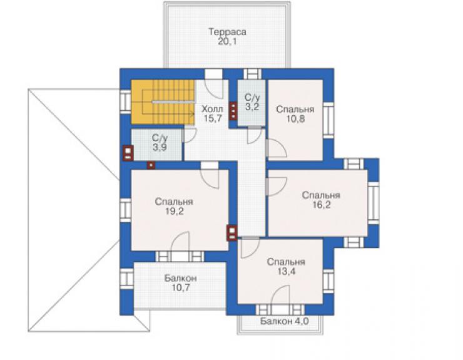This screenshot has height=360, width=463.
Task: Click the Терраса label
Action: click(x=227, y=32)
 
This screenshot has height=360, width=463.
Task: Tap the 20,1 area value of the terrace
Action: click(x=227, y=41)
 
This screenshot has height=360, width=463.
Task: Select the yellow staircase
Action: click(x=163, y=102)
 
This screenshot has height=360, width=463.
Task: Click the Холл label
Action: click(x=212, y=109)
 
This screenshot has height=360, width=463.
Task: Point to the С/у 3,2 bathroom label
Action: click(x=252, y=101)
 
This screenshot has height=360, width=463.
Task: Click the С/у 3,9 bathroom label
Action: click(x=160, y=143)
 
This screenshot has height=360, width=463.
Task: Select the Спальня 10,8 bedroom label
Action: click(x=295, y=114)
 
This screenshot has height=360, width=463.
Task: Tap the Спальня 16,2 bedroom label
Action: click(x=321, y=200)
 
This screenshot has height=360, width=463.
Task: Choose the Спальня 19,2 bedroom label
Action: click(x=174, y=207)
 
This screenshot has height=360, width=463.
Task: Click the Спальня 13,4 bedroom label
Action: click(x=286, y=266)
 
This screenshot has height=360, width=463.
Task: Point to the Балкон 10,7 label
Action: click(x=181, y=282)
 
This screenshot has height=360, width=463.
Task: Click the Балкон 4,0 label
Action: click(x=284, y=321)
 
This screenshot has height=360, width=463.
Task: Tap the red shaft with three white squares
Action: click(x=233, y=111)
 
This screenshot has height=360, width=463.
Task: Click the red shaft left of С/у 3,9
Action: click(x=128, y=153)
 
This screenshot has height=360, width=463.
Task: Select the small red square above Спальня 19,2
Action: click(x=151, y=165)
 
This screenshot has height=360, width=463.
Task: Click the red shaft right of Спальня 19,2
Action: click(x=232, y=233)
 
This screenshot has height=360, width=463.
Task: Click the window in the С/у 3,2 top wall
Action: click(x=252, y=74)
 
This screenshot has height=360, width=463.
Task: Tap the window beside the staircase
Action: click(x=125, y=101)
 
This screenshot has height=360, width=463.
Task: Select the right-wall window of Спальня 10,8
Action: click(x=328, y=120)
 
